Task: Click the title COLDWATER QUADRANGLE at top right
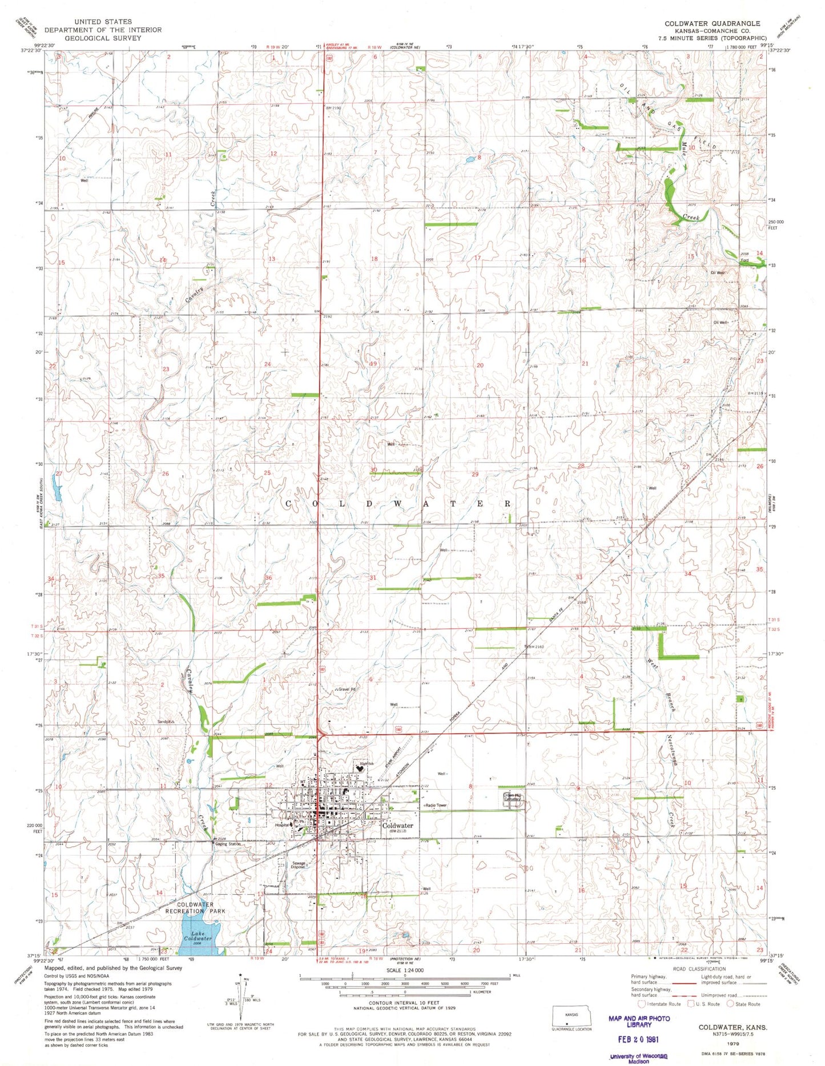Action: point(712,23)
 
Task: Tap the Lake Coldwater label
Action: point(198,936)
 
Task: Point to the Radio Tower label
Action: point(436,805)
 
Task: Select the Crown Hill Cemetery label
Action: point(512,797)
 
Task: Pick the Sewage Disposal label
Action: point(299,865)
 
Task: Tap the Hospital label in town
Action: point(282,825)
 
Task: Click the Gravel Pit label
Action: point(347,689)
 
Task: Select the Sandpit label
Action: point(165,722)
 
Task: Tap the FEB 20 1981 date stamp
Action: point(639,1039)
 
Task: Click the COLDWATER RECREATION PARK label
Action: point(201,908)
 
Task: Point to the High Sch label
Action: point(367,763)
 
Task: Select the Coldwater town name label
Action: point(397,826)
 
